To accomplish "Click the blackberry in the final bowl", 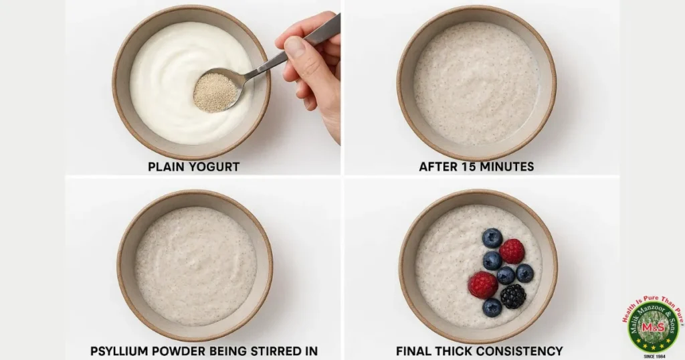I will pyautogui.click(x=513, y=296).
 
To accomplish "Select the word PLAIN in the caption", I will pyautogui.click(x=166, y=167).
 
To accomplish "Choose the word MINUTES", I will pyautogui.click(x=510, y=167).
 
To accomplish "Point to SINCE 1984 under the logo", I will pyautogui.click(x=653, y=355).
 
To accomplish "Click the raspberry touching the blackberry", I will pyautogui.click(x=483, y=285).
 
